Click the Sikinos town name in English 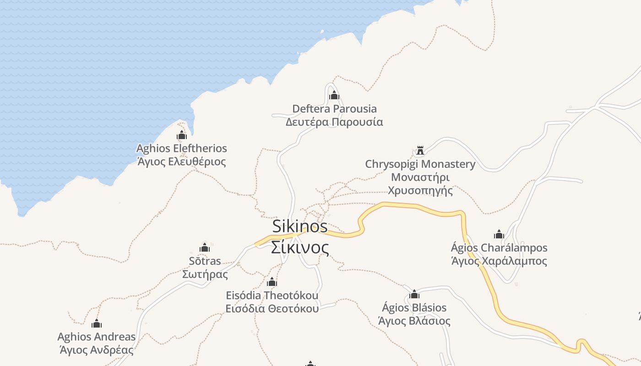pyautogui.click(x=300, y=226)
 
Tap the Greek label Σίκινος pyautogui.click(x=300, y=248)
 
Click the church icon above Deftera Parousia pyautogui.click(x=334, y=95)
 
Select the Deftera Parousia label pyautogui.click(x=334, y=109)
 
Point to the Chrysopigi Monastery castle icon pyautogui.click(x=420, y=151)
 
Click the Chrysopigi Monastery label pyautogui.click(x=420, y=164)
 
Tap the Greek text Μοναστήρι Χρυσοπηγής pyautogui.click(x=420, y=183)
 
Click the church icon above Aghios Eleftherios pyautogui.click(x=182, y=135)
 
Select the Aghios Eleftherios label pyautogui.click(x=182, y=148)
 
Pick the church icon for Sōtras pyautogui.click(x=205, y=248)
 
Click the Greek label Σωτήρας pyautogui.click(x=205, y=274)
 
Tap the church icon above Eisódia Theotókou pyautogui.click(x=272, y=282)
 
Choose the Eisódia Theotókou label pyautogui.click(x=272, y=296)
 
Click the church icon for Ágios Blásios pyautogui.click(x=414, y=294)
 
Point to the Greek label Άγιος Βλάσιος pyautogui.click(x=414, y=321)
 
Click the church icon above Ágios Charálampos pyautogui.click(x=499, y=235)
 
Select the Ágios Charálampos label pyautogui.click(x=499, y=248)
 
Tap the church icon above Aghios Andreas pyautogui.click(x=97, y=324)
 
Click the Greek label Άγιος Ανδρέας pyautogui.click(x=97, y=350)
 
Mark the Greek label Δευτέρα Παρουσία pyautogui.click(x=334, y=122)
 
